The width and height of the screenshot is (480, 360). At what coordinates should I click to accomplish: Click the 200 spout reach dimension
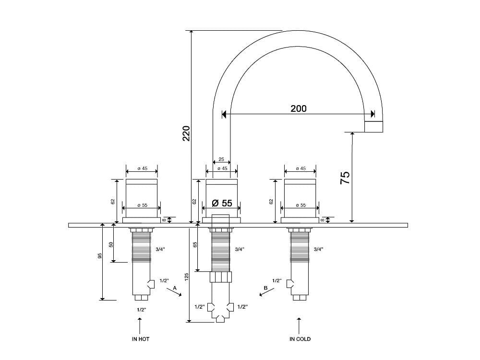[298, 108]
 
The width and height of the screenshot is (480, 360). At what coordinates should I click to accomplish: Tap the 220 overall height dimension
[186, 133]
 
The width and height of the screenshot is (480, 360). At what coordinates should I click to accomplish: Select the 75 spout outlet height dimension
[345, 178]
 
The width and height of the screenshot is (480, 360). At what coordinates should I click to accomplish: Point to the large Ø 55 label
[222, 203]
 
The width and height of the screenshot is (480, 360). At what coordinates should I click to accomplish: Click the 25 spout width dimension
[221, 159]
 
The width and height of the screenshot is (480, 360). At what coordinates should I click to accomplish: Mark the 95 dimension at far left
[100, 256]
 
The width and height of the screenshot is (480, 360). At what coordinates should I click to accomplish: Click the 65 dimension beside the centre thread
[195, 245]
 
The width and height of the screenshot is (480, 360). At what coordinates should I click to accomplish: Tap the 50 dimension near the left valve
[111, 244]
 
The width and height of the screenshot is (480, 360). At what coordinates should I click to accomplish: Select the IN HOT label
[141, 339]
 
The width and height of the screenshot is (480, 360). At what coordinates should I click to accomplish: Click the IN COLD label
[300, 339]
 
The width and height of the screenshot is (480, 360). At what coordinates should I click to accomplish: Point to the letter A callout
[175, 288]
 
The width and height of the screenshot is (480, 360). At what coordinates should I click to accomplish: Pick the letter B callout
[265, 288]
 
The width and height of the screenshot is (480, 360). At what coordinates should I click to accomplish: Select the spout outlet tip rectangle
[374, 126]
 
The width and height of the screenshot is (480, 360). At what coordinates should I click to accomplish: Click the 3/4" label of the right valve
[318, 249]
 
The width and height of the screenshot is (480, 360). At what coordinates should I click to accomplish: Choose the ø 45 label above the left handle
[142, 168]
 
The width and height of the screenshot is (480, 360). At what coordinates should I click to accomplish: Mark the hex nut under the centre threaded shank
[221, 277]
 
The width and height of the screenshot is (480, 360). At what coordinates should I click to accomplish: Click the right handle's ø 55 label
[300, 205]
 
